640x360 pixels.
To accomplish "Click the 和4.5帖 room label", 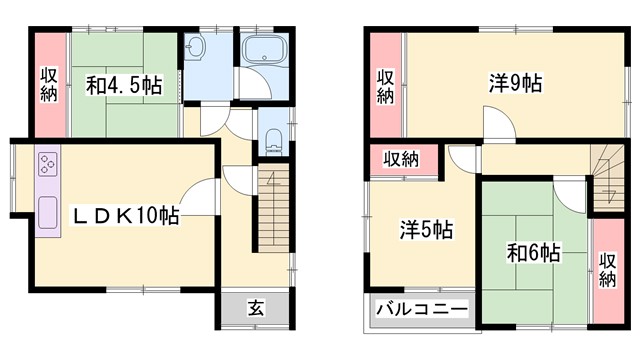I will click(123, 86).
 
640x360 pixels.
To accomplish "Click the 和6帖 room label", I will click(533, 252).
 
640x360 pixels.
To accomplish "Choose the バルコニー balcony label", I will click(421, 310).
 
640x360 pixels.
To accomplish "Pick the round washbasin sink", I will click(198, 49).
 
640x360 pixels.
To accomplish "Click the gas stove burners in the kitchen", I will click(49, 164).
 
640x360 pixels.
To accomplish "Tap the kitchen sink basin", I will click(48, 213).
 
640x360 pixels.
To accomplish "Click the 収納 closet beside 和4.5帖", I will click(49, 86).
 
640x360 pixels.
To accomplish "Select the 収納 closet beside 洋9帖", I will click(386, 86).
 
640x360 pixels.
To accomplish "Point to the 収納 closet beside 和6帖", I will click(606, 268).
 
